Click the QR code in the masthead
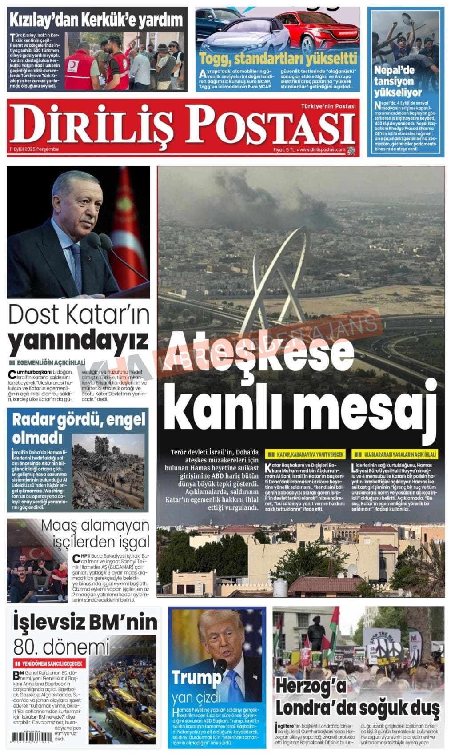click(x=352, y=150)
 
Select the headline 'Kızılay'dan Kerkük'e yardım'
click(x=96, y=20)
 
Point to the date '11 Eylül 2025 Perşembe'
click(x=34, y=149)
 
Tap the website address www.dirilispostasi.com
click(x=323, y=150)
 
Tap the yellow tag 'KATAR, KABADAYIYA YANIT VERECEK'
click(x=305, y=454)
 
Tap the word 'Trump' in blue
click(x=196, y=677)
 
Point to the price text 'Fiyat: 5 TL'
click(x=284, y=150)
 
